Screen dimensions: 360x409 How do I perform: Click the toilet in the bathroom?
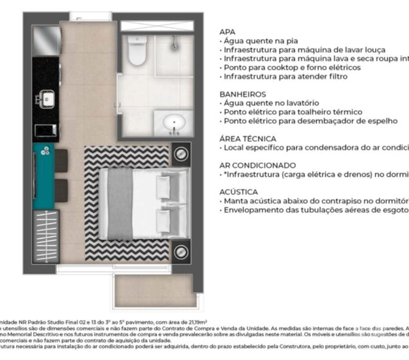(x=137, y=51)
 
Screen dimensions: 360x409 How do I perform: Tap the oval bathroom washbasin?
(x=174, y=122)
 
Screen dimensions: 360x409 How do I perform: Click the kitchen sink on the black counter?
(x=46, y=99)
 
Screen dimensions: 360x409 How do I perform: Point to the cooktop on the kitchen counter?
(x=45, y=130)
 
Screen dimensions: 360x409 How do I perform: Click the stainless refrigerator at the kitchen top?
(x=46, y=41)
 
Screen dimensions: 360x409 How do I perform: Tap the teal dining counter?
(x=43, y=176)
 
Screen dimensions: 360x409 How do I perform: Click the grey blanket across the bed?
(x=120, y=204)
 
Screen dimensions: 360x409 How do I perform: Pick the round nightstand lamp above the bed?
(x=181, y=154)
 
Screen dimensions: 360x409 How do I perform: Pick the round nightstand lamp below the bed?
(x=181, y=252)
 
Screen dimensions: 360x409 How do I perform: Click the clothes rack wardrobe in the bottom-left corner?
(x=46, y=236)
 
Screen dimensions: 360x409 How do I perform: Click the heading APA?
(x=227, y=32)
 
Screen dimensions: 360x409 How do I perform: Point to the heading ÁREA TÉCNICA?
(x=248, y=139)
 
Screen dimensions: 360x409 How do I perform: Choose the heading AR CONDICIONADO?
(x=258, y=165)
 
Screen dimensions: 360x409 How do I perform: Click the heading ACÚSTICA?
(x=238, y=192)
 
